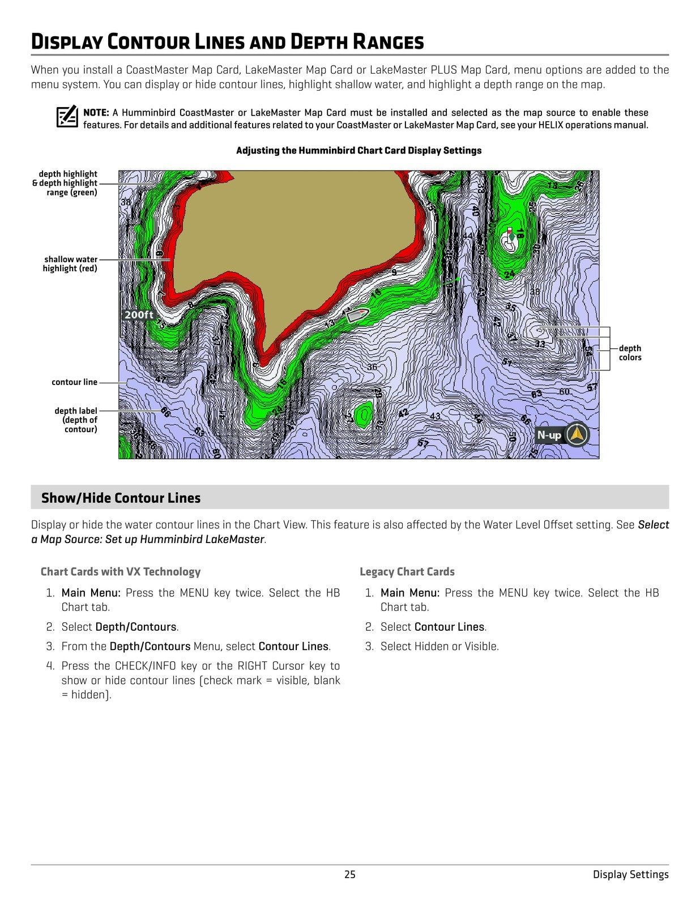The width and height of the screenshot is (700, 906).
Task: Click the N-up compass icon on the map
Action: tap(577, 435)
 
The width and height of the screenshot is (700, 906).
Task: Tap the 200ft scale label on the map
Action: tap(139, 315)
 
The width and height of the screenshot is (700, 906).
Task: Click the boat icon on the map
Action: tap(357, 314)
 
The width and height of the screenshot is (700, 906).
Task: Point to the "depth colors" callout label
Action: tap(630, 353)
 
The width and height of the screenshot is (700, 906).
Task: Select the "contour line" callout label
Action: tap(74, 382)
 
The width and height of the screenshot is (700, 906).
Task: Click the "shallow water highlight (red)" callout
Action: tap(70, 264)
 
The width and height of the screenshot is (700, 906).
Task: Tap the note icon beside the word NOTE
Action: tap(67, 117)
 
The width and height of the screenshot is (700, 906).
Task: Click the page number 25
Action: tap(350, 874)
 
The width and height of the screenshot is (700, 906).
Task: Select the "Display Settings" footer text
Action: tap(630, 874)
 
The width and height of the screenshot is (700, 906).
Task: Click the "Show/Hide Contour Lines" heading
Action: tap(121, 498)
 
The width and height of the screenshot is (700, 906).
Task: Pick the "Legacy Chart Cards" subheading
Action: tap(407, 572)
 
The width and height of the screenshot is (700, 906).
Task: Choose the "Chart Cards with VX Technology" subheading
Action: tap(120, 572)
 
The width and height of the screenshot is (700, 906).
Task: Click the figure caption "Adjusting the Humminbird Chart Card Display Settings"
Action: tap(358, 151)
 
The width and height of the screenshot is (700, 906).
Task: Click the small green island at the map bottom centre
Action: tap(363, 414)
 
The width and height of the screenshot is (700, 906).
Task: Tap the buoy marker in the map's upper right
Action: tap(511, 236)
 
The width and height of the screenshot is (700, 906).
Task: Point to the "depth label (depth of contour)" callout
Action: tap(76, 420)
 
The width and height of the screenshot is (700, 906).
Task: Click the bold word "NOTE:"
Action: tap(96, 113)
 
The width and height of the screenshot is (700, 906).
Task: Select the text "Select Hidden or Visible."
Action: tap(439, 646)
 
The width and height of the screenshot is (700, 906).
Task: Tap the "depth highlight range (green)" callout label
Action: tap(65, 183)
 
